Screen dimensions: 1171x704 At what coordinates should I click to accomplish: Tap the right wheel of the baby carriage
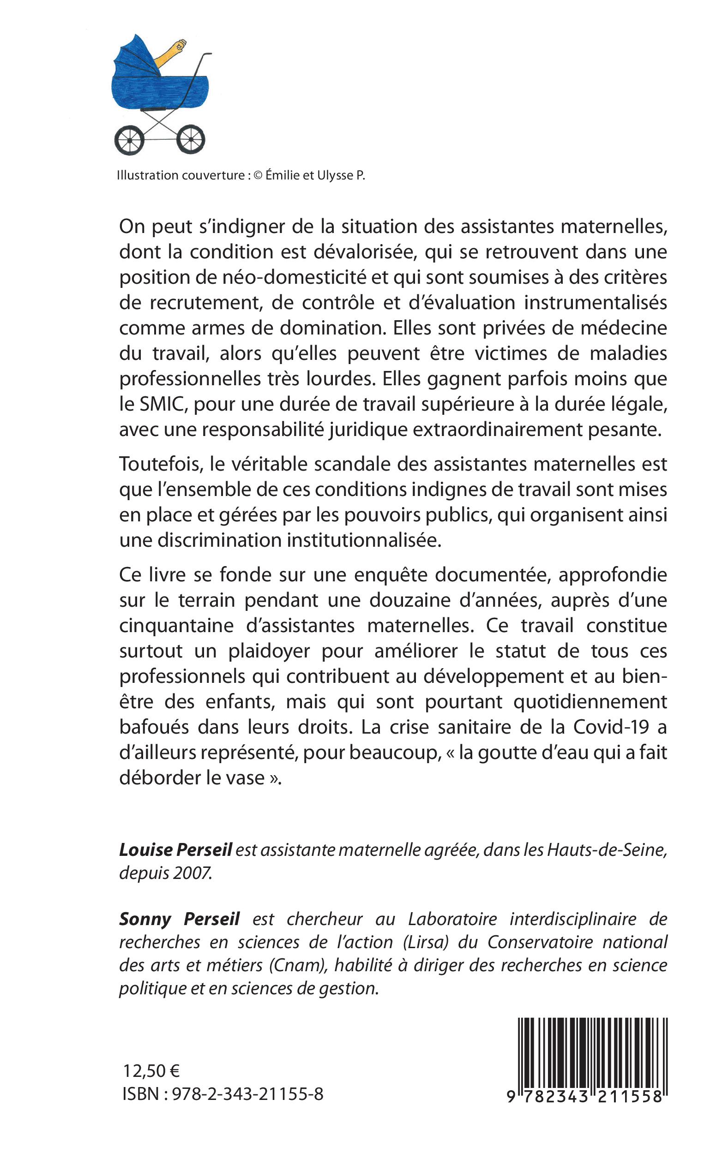point(191,140)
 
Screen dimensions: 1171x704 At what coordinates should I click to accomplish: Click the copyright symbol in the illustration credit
point(258,175)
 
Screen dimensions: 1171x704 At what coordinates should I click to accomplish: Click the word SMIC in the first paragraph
point(157,404)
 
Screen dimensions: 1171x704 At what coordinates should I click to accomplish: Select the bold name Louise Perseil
point(175,849)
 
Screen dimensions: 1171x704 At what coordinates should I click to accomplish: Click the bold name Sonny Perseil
point(179,919)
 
